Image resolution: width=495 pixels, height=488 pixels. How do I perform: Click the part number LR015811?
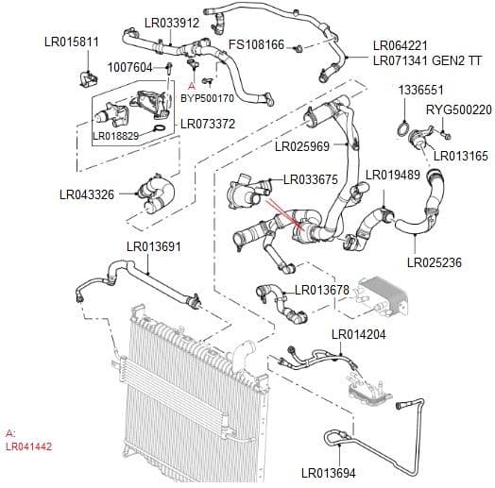click(72, 42)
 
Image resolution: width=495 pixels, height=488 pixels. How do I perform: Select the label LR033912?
click(172, 22)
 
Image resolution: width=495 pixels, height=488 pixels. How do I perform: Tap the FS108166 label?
click(257, 45)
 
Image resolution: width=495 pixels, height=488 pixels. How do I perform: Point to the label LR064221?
click(400, 44)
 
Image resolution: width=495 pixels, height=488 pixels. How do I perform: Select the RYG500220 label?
click(459, 109)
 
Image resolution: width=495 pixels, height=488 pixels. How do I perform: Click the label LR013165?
click(461, 156)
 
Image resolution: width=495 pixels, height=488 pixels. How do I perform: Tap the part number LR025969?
click(302, 147)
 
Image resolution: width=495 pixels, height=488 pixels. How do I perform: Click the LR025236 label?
click(435, 262)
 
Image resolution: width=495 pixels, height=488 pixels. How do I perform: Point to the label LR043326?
click(86, 195)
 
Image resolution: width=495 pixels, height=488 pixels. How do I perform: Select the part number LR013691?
click(153, 247)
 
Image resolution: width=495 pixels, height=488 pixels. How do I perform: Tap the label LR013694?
click(329, 473)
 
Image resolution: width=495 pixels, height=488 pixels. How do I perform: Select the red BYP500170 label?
click(207, 97)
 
